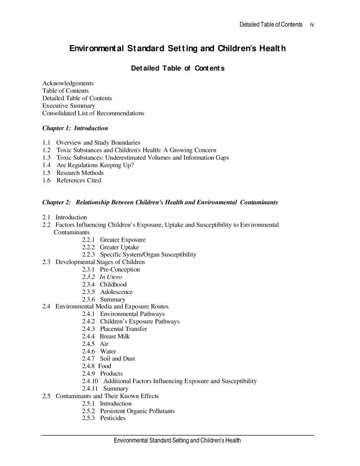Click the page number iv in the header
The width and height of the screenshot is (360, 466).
point(312,25)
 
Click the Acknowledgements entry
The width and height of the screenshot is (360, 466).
point(68,83)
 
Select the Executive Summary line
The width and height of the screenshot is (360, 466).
point(69,106)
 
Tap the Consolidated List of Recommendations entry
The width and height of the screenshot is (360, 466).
point(93,113)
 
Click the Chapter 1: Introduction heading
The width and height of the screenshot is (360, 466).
point(75,128)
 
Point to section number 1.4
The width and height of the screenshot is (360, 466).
point(46,165)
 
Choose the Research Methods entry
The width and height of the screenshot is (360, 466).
point(80,173)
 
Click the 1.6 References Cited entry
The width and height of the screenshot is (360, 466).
point(72,180)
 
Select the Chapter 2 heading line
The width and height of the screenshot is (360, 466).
point(160,202)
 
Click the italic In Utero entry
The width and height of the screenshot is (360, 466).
point(111,277)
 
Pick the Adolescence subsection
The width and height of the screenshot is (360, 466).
point(116,292)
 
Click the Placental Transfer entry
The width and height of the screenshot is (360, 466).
point(123,329)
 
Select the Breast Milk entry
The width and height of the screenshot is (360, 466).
point(115,336)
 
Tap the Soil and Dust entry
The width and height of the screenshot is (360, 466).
point(117,359)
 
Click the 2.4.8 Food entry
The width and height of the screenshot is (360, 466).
point(96,366)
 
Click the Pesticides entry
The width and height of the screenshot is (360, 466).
point(112,418)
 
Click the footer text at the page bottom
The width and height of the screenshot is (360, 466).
point(177,441)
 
